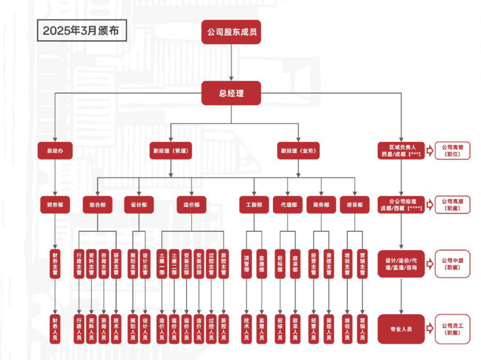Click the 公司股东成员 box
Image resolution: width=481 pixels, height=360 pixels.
pos(231,32)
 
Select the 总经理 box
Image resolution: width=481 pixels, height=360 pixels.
pos(231,93)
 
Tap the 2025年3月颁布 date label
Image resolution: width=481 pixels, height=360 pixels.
pos(77,31)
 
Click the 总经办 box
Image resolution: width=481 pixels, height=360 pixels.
pos(55,151)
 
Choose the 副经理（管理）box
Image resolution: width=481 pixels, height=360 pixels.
pos(170,151)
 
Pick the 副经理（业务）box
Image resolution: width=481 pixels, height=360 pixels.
pos(298,151)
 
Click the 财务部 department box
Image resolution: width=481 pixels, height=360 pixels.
pos(55,204)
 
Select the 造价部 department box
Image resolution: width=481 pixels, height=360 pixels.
pos(191,204)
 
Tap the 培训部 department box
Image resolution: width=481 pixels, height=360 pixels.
pos(354,204)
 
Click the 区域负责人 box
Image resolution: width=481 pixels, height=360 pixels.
pos(400,151)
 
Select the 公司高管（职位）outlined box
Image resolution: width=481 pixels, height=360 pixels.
pos(452,151)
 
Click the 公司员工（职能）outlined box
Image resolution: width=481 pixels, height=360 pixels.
pos(452,329)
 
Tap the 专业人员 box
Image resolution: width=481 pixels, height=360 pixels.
pos(400,329)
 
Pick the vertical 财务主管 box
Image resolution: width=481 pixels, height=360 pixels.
pos(55,263)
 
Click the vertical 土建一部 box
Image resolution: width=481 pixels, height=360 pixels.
pos(161,263)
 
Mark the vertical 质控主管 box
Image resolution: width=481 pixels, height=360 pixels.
pos(223,263)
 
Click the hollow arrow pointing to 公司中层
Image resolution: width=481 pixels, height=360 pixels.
pos(430,264)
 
